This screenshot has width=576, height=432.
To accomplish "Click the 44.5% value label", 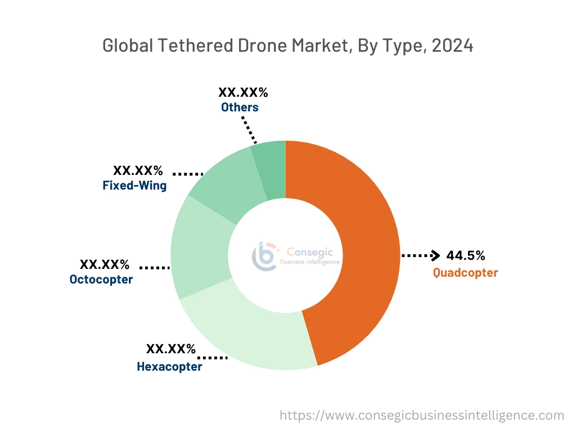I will click(465, 256).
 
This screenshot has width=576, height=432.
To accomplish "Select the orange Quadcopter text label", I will click(465, 273).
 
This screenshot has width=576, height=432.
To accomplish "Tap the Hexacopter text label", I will click(169, 367).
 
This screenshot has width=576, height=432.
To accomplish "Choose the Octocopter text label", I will click(101, 280).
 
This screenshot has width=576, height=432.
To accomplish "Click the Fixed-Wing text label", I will click(134, 186).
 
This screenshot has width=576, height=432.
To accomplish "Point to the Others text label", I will click(240, 107).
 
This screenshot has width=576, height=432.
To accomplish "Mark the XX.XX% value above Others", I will click(243, 93).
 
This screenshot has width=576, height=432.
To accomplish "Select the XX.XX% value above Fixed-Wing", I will click(138, 170).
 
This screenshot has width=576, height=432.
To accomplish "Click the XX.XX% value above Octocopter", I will click(105, 264).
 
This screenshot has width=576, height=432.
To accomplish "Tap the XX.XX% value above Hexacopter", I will click(171, 349).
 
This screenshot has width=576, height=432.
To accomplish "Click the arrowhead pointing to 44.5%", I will click(435, 256).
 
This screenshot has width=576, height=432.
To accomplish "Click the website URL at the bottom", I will click(421, 416).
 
